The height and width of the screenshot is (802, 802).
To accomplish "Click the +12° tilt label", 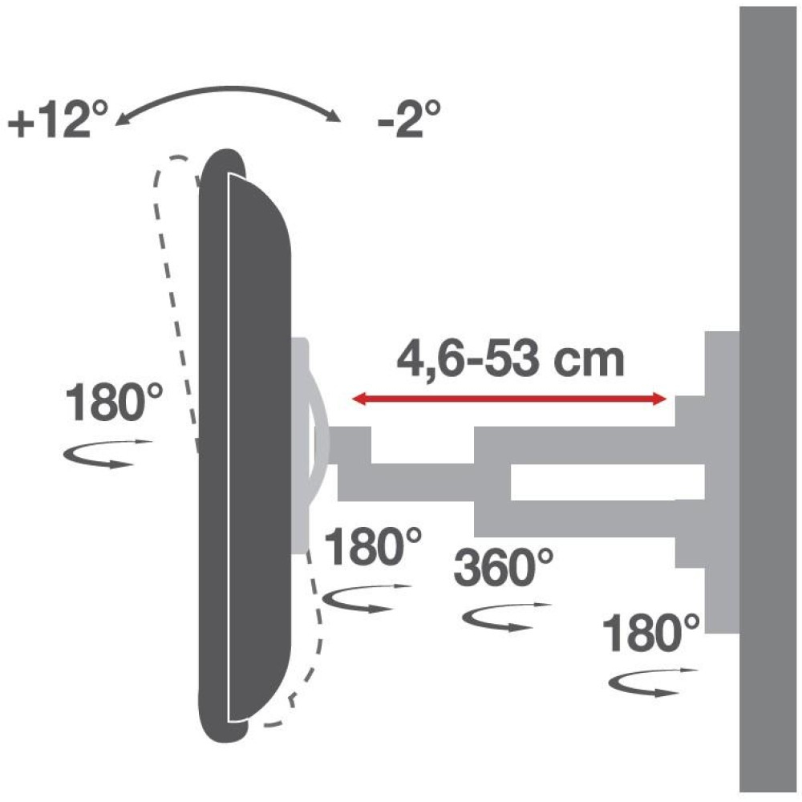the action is (59, 119).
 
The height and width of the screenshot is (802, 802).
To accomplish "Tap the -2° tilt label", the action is (409, 119).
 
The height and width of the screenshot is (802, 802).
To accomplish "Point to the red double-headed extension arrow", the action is (509, 399).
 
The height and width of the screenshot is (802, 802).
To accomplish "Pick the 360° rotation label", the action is (504, 567).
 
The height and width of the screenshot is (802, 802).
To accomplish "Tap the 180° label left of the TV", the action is (115, 403).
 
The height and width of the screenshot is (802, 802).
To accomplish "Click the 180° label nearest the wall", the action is (650, 634).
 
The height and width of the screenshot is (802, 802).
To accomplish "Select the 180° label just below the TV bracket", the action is (373, 547).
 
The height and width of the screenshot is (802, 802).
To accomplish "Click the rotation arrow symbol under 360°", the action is (506, 616).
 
